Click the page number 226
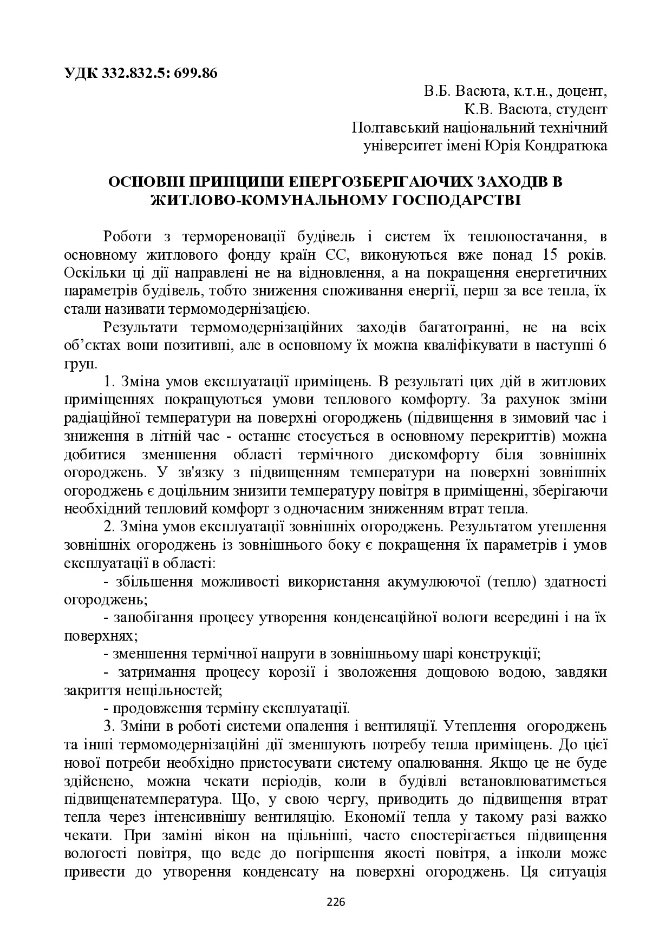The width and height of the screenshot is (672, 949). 336,902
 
